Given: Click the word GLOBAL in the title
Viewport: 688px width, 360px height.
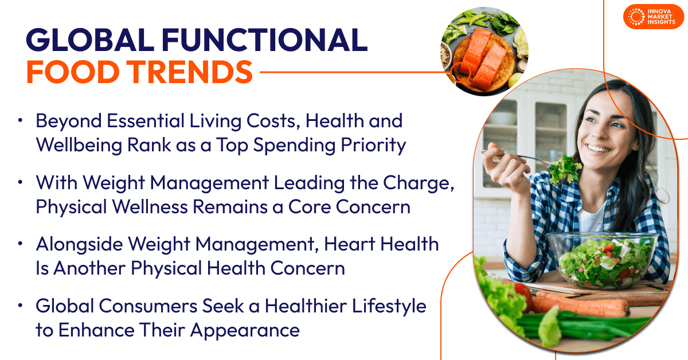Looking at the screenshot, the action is pos(90,40).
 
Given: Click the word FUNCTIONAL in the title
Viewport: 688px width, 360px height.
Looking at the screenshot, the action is pos(264,40).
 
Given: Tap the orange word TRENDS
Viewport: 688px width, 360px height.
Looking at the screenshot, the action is pos(190,72).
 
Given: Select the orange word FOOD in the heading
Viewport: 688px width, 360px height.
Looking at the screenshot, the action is pos(73,72).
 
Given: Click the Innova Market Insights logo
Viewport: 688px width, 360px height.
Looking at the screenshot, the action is pos(654,17).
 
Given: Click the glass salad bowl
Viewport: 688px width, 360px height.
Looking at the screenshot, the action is pos(601,261).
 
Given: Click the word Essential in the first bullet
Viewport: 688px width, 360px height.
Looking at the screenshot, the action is pos(145,121).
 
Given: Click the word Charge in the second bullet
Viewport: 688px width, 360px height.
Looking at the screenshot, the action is pos(418,183).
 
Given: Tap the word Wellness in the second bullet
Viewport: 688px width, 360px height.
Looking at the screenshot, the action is pos(150,207).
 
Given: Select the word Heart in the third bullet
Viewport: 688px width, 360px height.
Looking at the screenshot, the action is pos(350,244).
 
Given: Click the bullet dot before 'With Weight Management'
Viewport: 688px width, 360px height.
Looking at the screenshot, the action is pos(20,182).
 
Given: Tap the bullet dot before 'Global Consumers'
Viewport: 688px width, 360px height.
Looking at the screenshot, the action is pos(20,306).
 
